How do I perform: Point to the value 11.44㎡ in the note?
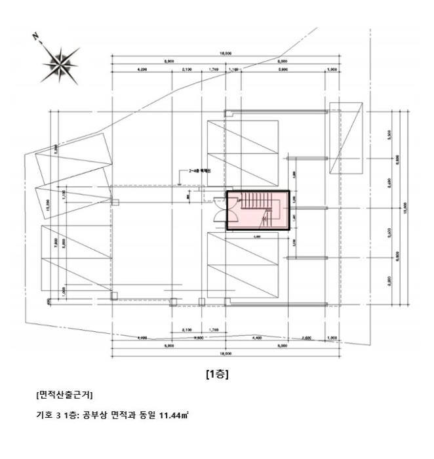[172, 414]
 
